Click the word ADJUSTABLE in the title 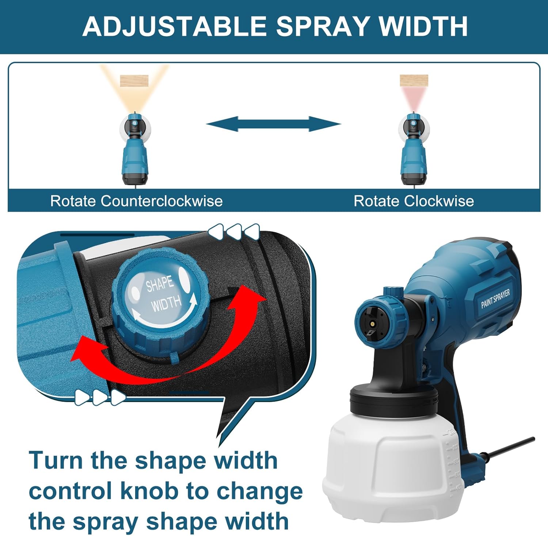(174, 26)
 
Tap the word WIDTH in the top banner (423, 26)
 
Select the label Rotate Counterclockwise (136, 201)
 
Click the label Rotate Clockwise (414, 201)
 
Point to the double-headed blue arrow (274, 124)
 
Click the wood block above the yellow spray (134, 81)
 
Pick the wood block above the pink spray (414, 80)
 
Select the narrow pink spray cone (414, 97)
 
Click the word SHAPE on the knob (160, 284)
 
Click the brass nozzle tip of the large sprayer (372, 323)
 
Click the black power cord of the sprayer (511, 447)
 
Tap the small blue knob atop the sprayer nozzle (393, 292)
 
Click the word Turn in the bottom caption (56, 460)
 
